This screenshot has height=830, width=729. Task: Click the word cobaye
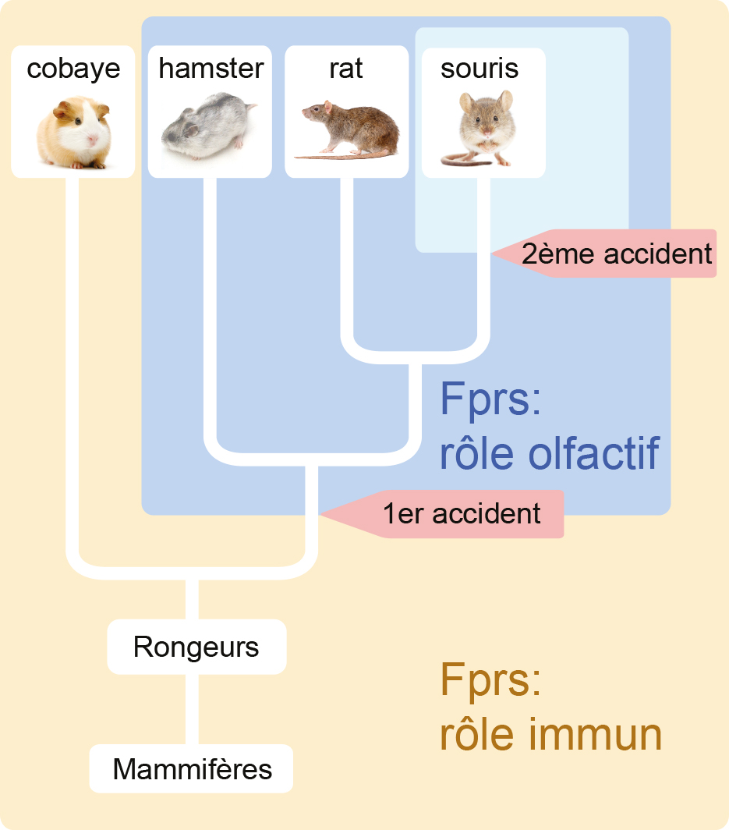(73, 69)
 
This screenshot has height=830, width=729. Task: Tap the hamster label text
(211, 69)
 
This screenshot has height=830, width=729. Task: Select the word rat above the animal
(346, 69)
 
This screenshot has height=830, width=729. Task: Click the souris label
(480, 69)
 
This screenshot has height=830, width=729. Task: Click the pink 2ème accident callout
(616, 254)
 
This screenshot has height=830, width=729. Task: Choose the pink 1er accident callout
(460, 514)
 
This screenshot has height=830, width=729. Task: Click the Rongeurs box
(196, 647)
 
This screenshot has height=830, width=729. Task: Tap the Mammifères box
(192, 769)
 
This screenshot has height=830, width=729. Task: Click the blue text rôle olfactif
(550, 452)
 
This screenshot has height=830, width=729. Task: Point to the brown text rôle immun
(550, 734)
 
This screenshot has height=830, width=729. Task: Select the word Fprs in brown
(490, 680)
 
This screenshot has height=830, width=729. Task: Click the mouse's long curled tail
(460, 160)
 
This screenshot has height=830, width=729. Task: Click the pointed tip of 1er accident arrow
(320, 514)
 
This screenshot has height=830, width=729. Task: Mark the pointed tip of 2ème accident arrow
(494, 254)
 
